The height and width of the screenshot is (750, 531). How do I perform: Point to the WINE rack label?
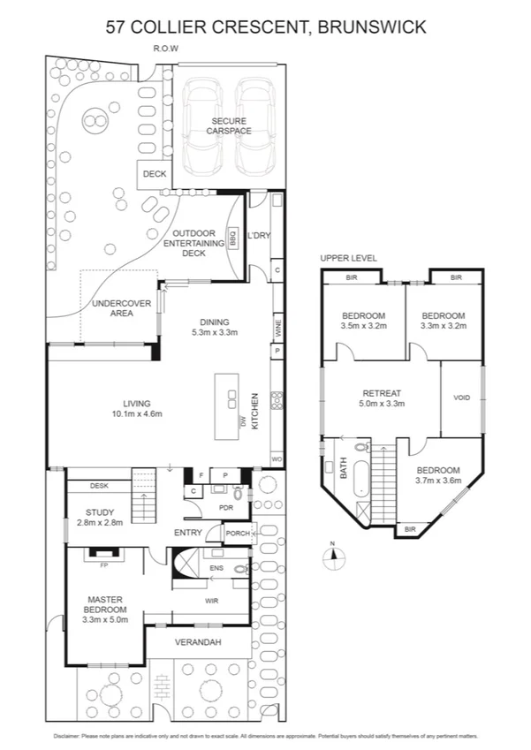point(278,330)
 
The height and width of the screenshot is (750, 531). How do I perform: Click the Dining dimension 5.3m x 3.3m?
point(215,333)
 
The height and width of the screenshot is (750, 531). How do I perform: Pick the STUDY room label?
point(100,512)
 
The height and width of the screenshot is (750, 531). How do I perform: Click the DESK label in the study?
point(99,486)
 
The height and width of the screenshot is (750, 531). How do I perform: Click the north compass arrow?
point(332,554)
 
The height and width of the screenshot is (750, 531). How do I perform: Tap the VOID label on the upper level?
point(462,398)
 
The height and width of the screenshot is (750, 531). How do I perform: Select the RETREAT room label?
point(383,393)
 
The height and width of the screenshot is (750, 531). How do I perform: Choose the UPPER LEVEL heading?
point(348,258)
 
